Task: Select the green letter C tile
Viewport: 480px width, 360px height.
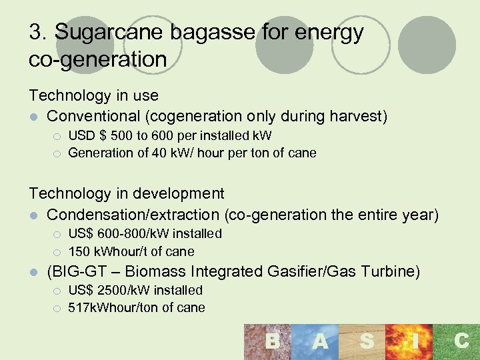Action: [461, 342]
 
